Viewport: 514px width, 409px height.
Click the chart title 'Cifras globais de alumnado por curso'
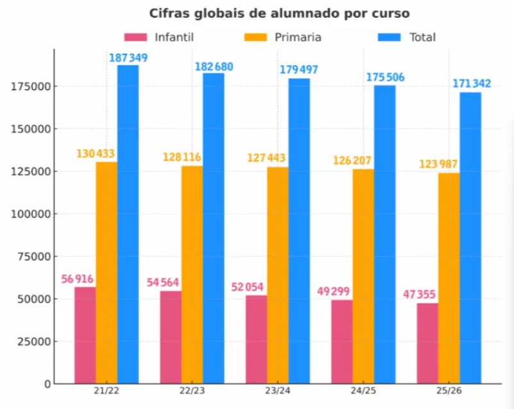(279, 13)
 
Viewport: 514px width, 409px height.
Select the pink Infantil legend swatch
(135, 37)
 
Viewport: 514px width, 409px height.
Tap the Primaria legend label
(298, 37)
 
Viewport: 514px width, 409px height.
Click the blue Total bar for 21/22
(128, 224)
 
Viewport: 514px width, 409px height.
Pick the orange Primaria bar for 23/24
(278, 275)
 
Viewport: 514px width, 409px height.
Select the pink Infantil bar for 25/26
(427, 343)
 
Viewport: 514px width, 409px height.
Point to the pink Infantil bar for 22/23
(170, 337)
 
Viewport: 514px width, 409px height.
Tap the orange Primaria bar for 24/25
(363, 276)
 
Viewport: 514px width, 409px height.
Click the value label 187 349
(128, 58)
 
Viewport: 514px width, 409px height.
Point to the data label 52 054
(247, 287)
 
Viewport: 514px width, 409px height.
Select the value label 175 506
(385, 78)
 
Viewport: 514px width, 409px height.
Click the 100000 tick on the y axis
(30, 214)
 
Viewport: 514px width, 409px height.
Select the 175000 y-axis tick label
(30, 87)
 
